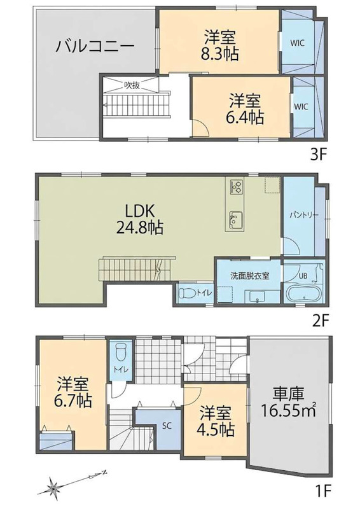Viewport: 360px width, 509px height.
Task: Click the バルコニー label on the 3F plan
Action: tap(95, 47)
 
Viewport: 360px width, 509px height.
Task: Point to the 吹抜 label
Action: tap(132, 85)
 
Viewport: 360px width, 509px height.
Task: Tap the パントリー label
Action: tap(304, 215)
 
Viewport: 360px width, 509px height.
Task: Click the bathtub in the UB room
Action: tap(304, 293)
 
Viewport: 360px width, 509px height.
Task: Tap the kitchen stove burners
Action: tap(236, 186)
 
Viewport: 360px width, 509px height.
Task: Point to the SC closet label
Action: tap(167, 426)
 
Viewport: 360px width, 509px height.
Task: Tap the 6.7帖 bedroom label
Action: tap(73, 393)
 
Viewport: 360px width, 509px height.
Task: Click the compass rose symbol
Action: tap(53, 487)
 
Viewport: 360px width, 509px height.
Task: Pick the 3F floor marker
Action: tap(318, 155)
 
